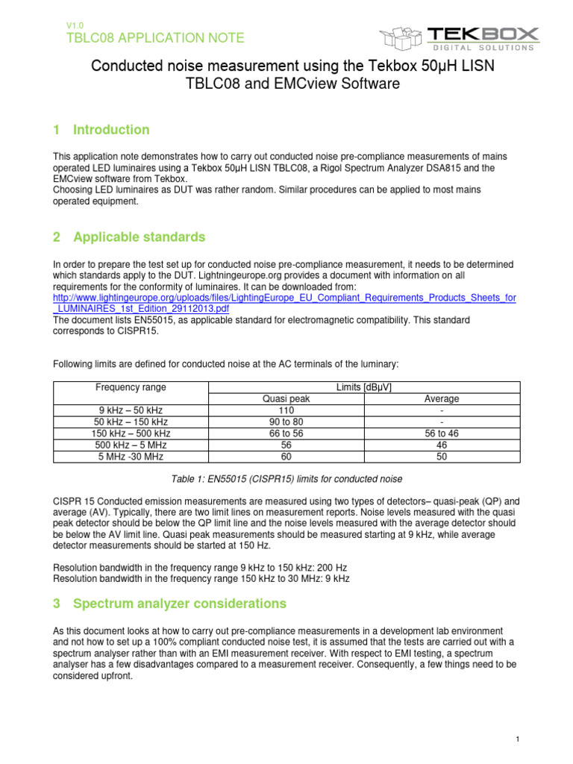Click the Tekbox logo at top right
459,37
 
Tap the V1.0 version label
75,25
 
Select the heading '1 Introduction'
101,130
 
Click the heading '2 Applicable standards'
128,237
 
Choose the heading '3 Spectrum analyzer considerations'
169,603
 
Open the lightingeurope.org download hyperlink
284,303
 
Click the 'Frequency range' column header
131,387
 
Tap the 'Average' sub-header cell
442,399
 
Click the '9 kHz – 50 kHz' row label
131,410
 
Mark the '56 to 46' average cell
442,433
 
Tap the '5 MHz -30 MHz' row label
131,457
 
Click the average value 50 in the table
442,457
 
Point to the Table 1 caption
286,479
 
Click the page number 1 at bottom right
517,739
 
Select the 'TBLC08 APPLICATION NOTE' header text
155,38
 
